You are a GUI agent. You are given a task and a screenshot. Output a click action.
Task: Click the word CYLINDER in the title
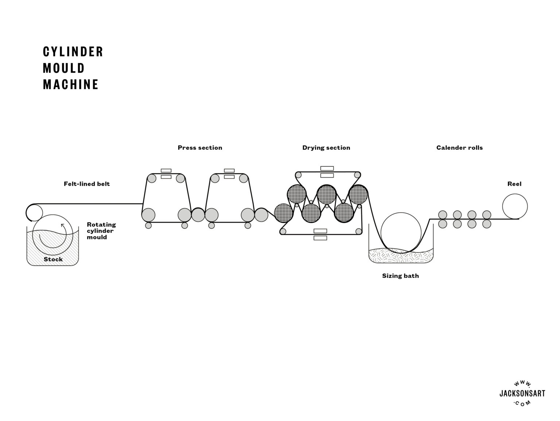tap(73, 52)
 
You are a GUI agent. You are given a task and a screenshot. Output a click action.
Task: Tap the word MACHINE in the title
tap(71, 84)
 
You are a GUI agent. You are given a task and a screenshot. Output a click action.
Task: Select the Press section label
tap(200, 148)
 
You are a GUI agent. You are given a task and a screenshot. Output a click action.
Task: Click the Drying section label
tap(326, 148)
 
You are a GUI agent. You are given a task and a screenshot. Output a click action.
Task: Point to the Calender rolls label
tap(459, 148)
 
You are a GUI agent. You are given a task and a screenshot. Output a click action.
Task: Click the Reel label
tap(514, 184)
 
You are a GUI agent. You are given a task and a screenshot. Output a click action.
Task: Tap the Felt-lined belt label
tap(87, 184)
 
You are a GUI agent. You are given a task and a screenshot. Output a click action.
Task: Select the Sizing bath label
tap(400, 276)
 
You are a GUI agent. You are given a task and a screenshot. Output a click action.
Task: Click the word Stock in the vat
tap(53, 259)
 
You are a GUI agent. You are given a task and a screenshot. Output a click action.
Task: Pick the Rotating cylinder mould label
tap(101, 231)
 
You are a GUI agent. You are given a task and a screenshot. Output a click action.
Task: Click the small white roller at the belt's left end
tap(34, 212)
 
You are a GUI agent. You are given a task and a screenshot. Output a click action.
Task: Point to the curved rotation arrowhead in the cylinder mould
tap(62, 225)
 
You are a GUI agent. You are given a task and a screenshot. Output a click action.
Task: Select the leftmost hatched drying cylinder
tap(283, 213)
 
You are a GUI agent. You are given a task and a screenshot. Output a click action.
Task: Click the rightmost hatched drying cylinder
tap(358, 194)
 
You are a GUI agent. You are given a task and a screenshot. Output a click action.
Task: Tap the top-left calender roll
tap(443, 215)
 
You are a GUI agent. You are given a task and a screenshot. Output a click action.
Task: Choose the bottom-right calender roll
tap(487, 224)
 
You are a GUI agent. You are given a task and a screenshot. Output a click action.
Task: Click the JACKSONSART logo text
tap(522, 394)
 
